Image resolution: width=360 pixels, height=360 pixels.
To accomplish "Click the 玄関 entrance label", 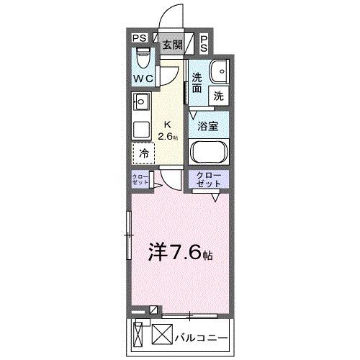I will (x=171, y=45).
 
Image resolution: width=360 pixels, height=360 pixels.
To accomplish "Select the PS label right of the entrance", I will (x=204, y=43).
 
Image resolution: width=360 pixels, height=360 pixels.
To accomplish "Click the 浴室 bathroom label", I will (x=209, y=125).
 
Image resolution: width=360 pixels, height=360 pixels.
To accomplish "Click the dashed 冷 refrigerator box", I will (x=144, y=153).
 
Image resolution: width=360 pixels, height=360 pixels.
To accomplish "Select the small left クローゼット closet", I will (x=140, y=181).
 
